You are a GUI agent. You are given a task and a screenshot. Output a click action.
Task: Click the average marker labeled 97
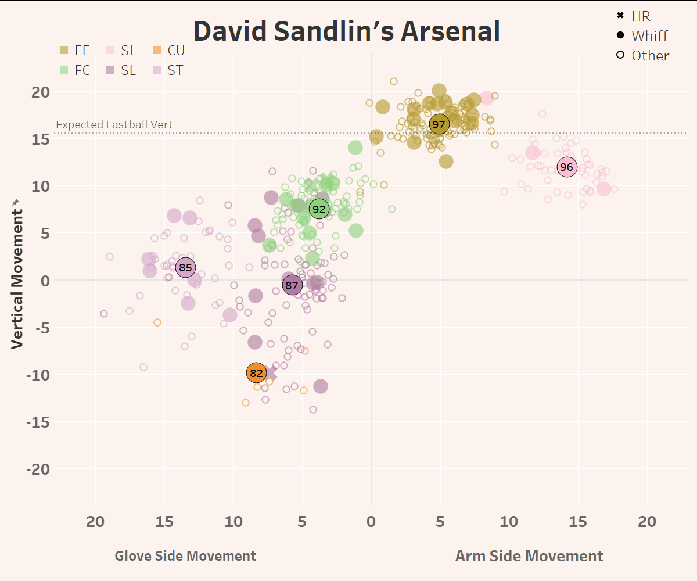click(x=439, y=124)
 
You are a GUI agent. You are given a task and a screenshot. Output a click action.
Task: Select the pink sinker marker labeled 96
click(x=566, y=167)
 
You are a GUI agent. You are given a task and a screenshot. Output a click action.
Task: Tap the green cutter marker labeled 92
click(x=319, y=209)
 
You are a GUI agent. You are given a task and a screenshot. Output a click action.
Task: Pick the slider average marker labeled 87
click(x=292, y=285)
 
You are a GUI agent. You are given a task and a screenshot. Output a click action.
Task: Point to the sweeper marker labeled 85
click(x=185, y=268)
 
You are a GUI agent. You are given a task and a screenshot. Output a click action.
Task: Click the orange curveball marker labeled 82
click(x=256, y=373)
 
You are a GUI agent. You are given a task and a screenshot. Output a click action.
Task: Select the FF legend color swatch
click(x=64, y=51)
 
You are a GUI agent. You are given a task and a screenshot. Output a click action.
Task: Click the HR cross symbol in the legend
click(x=620, y=16)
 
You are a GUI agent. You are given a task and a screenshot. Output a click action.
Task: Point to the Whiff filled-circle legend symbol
click(x=620, y=35)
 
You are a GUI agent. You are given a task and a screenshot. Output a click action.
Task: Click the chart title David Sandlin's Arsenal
click(x=347, y=31)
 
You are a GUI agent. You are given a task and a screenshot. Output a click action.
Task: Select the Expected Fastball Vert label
click(x=114, y=125)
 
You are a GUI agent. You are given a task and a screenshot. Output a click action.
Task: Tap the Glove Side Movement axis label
click(x=185, y=556)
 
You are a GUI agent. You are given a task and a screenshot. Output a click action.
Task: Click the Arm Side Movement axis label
click(x=529, y=556)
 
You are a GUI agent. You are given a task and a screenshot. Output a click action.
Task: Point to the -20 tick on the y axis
click(x=38, y=469)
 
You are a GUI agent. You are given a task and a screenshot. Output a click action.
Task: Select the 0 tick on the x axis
click(x=371, y=522)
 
